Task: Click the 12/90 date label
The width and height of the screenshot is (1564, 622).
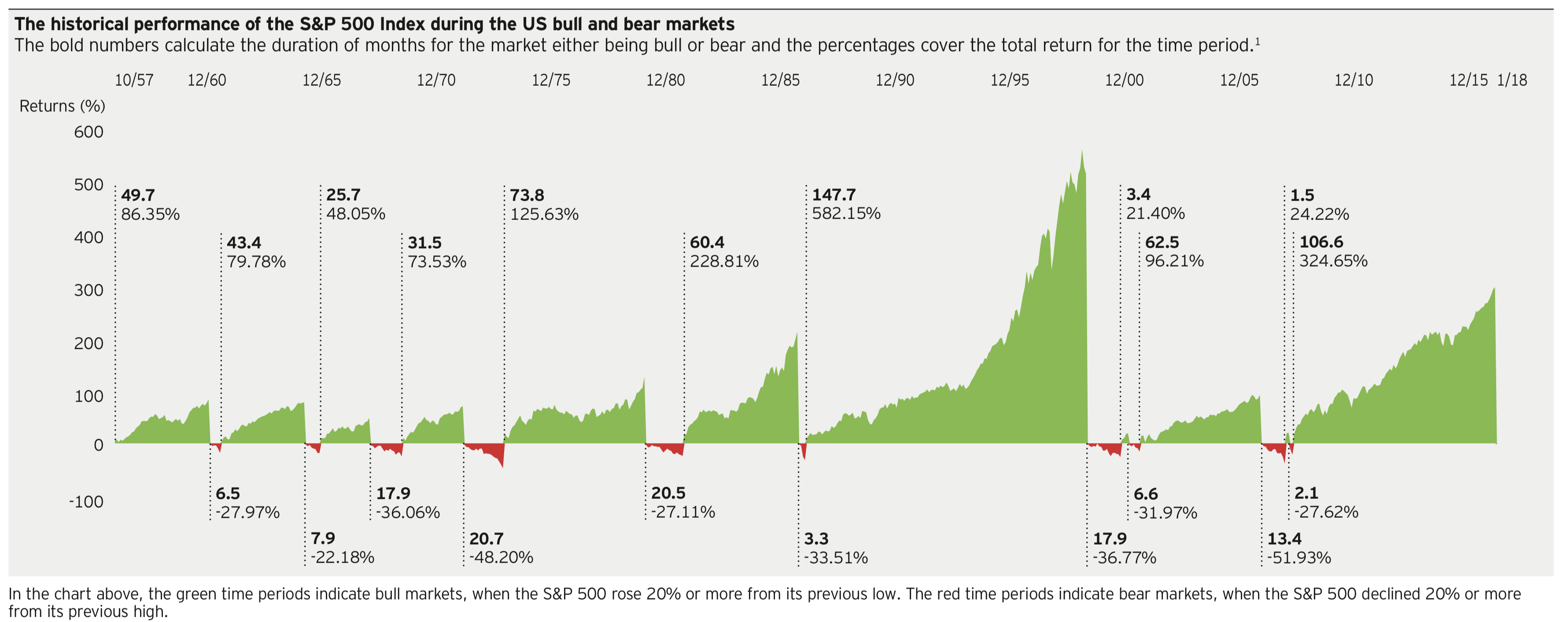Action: coord(894,80)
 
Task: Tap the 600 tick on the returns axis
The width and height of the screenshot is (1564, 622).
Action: coord(89,132)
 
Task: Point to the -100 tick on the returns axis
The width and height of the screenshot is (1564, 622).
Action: coord(86,502)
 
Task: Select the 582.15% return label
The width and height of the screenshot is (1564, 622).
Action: coord(846,214)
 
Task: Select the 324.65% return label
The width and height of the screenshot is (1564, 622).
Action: coord(1333,261)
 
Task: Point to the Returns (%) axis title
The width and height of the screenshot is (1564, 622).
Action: coord(62,106)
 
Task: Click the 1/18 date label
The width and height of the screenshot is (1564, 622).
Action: coord(1512,80)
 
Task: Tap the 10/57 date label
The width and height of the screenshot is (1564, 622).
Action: coord(134,80)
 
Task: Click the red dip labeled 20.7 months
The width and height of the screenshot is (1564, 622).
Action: coord(492,452)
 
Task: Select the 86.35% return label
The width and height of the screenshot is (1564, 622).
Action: coord(150,214)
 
